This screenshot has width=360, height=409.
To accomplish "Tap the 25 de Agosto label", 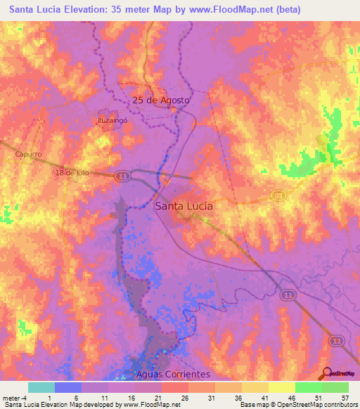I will click(161, 100).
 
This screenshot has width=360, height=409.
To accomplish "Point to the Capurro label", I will click(29, 154).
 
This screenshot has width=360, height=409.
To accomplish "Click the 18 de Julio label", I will click(72, 172).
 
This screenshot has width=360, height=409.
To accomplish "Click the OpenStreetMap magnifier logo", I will click(327, 374).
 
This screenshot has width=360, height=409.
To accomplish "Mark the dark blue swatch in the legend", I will click(68, 387).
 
